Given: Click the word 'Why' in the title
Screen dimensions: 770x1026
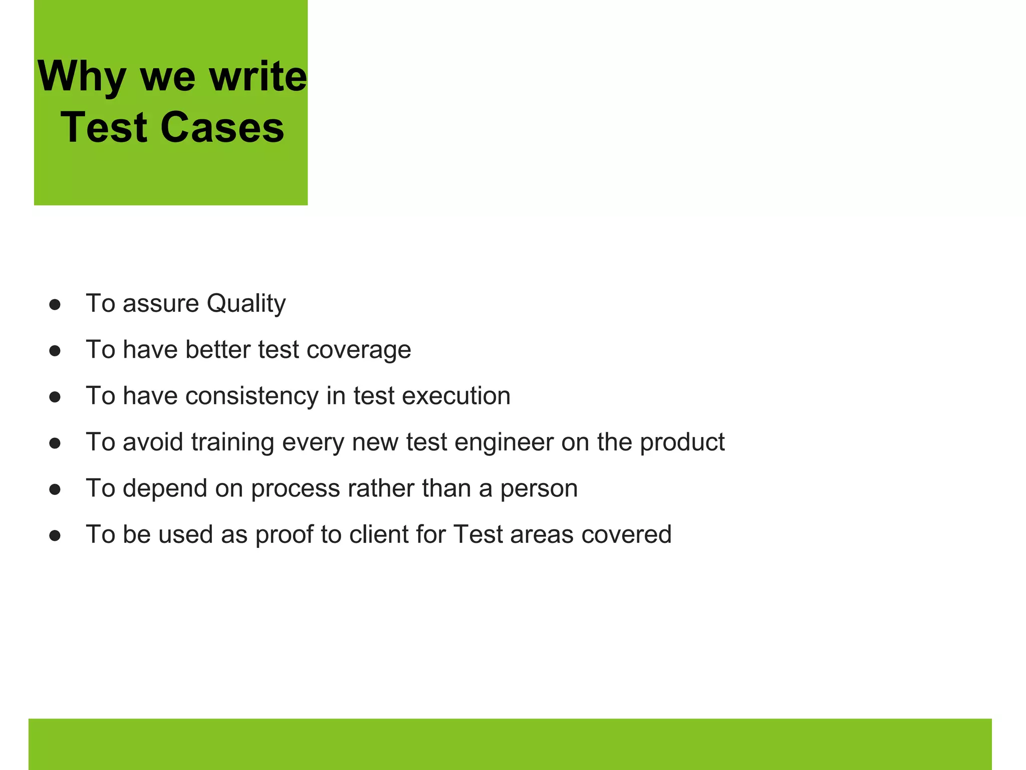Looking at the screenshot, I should coord(81,77).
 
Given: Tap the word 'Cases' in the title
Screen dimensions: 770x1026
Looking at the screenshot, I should coord(222,127).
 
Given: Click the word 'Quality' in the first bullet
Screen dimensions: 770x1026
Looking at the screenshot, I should coord(246,304).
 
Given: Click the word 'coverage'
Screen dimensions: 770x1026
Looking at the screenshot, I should coord(359,350).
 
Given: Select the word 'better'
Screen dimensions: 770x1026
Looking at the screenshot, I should coord(217,350).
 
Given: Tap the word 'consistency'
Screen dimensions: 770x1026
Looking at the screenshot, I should coord(251,396).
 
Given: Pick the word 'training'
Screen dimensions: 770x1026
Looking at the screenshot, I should coord(232,442).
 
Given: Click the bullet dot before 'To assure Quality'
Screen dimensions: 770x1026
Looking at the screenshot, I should coord(55,305).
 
